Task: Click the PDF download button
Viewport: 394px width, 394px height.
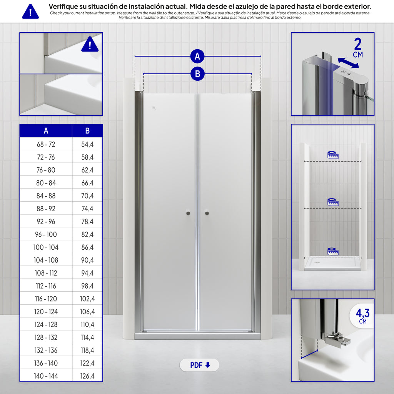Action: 199,365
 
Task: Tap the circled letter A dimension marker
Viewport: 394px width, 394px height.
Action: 197,56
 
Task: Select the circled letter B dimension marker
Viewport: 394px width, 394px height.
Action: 197,74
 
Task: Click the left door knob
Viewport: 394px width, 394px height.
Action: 188,213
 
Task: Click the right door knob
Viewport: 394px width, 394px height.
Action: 207,213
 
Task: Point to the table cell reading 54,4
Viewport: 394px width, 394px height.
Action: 87,144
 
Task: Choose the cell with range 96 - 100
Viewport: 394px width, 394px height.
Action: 46,234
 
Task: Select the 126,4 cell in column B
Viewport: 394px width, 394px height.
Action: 87,376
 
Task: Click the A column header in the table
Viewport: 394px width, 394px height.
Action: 46,131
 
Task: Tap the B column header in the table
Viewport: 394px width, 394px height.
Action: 87,131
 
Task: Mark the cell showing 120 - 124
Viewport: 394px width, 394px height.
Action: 46,312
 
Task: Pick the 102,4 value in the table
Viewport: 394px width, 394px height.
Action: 87,299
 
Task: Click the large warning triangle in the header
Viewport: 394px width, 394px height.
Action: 30,12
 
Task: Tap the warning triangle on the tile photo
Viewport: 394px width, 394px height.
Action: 90,45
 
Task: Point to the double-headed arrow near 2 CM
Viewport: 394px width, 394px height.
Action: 348,63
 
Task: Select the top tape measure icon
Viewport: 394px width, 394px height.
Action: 333,155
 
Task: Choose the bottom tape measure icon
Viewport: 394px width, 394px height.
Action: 333,251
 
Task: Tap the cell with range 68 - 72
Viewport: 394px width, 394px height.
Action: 46,144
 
